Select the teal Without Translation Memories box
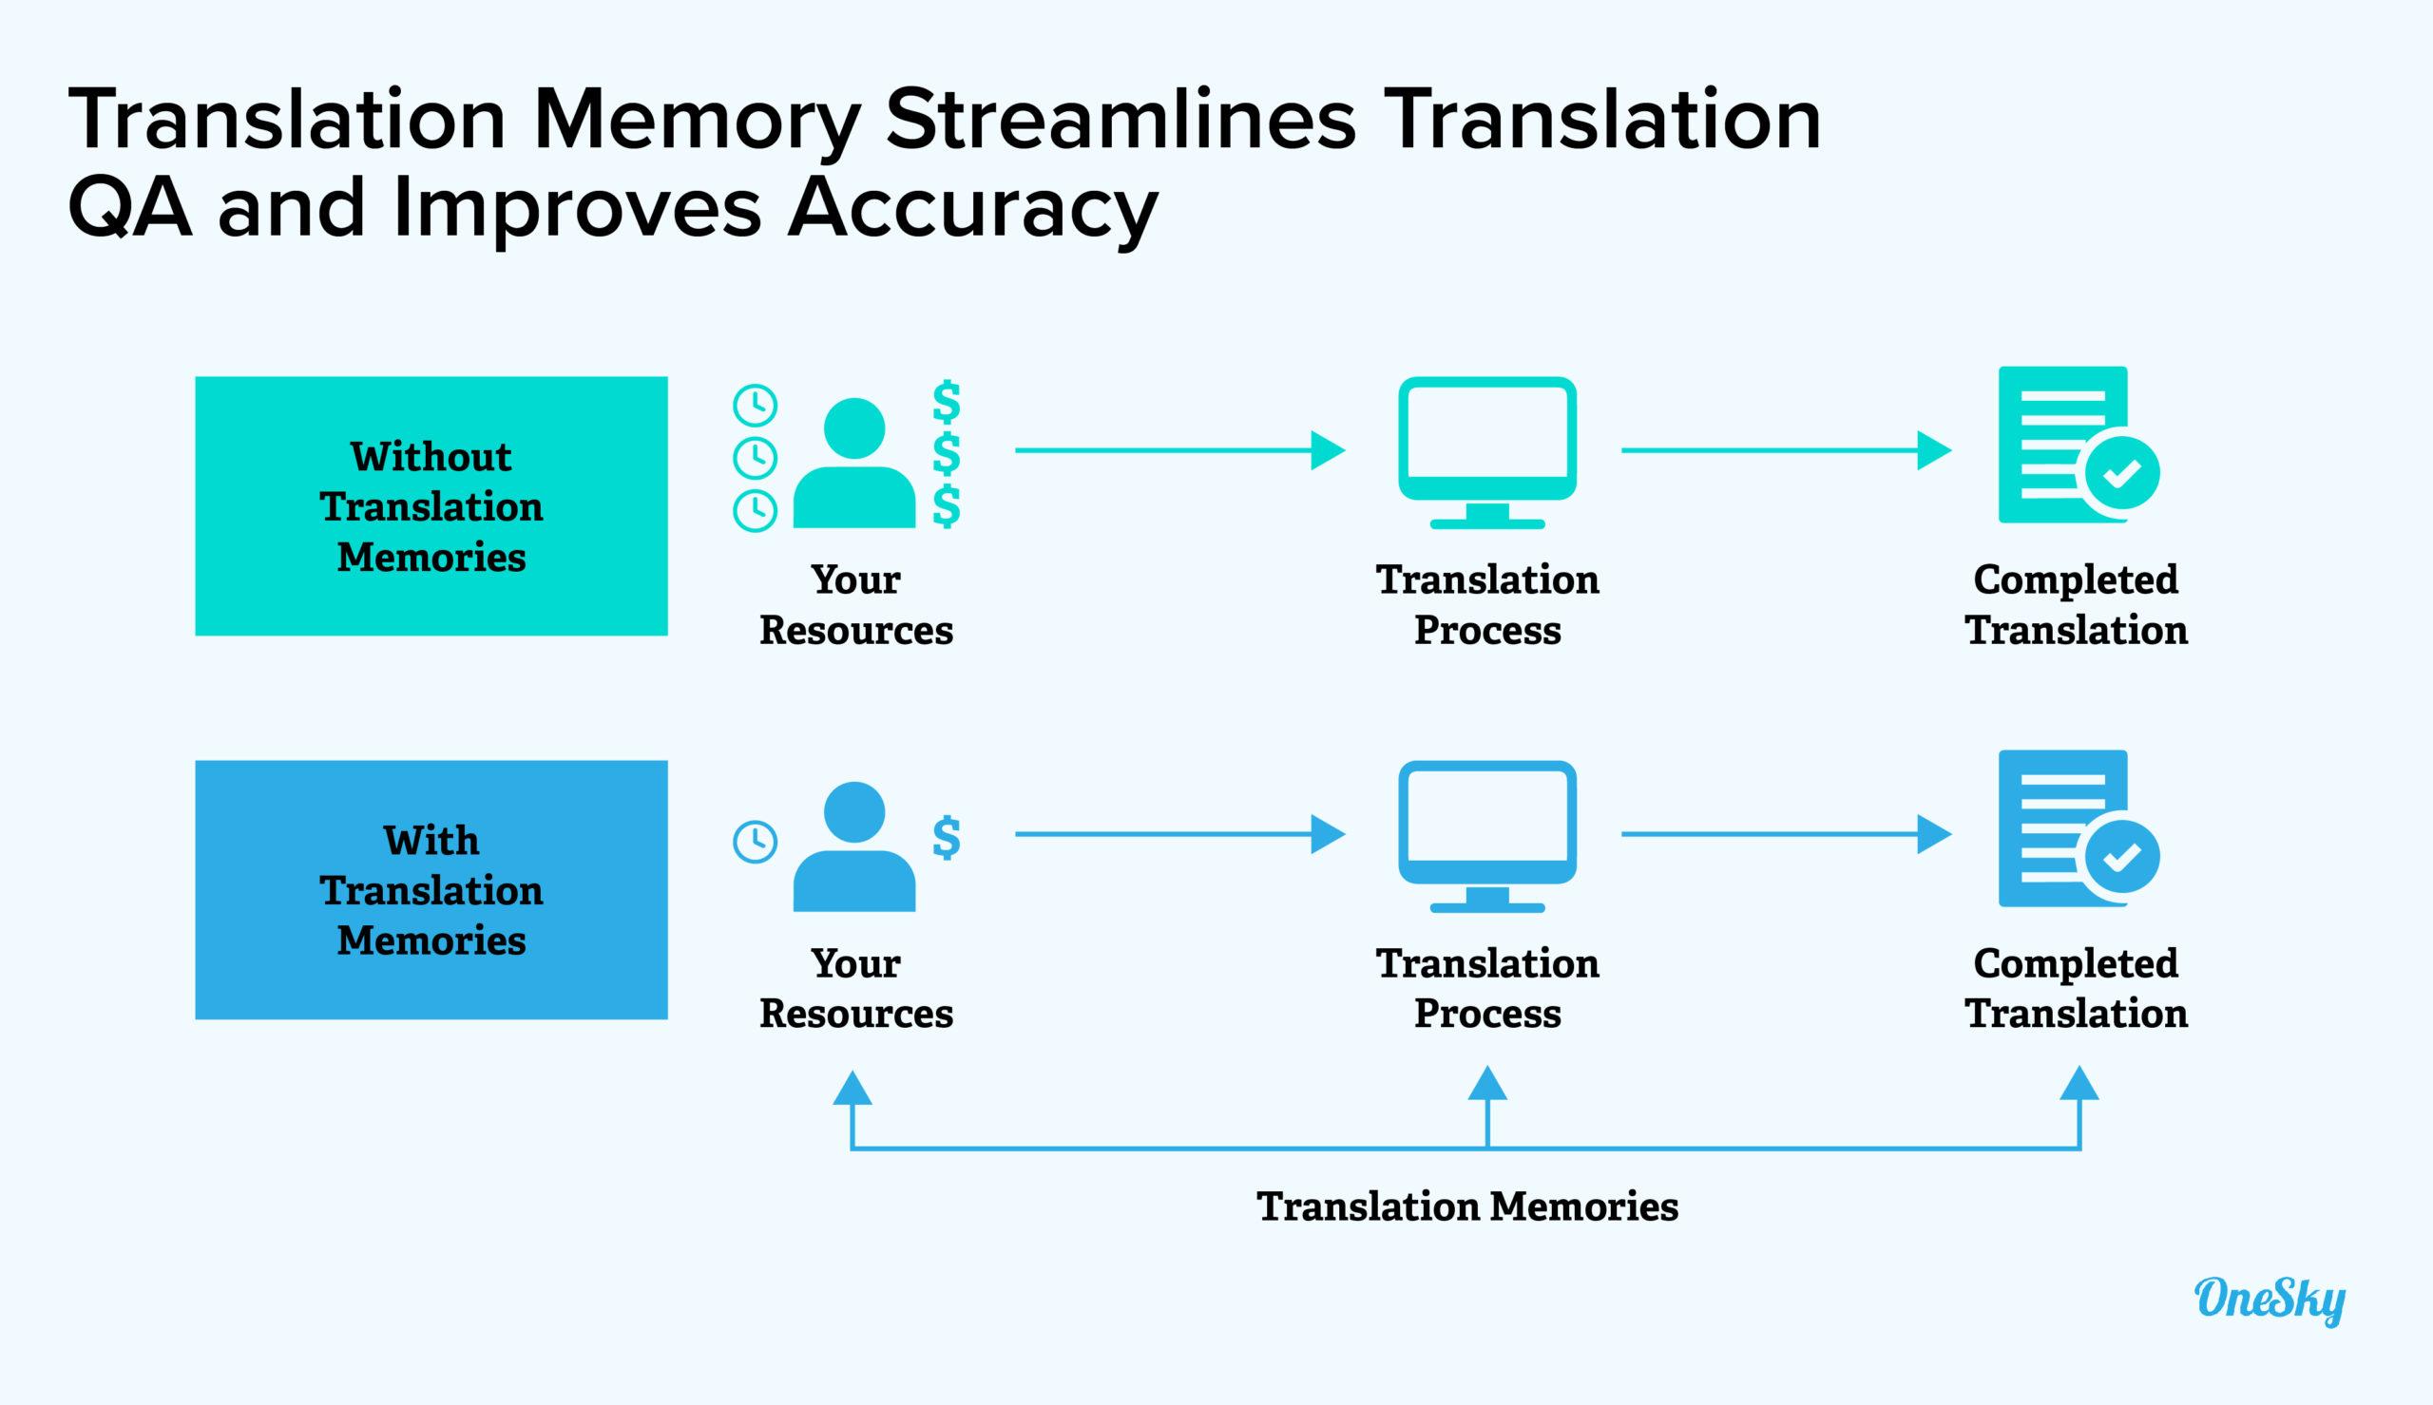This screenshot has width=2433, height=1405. point(431,505)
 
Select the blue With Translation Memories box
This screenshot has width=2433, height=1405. point(431,890)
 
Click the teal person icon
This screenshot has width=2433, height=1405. point(854,464)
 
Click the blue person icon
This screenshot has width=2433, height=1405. point(854,846)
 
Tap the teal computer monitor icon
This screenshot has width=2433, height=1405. point(1486,451)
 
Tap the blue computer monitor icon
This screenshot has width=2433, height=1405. point(1486,836)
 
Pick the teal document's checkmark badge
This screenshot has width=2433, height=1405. point(2122,473)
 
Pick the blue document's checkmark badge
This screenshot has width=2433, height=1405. point(2122,856)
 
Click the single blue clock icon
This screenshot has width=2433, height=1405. point(755,842)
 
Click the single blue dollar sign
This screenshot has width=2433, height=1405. point(946,838)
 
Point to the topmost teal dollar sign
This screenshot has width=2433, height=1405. point(946,403)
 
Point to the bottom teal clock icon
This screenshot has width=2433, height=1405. point(755,509)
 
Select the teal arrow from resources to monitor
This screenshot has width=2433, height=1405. point(1179,449)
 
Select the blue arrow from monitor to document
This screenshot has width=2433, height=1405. point(1786,834)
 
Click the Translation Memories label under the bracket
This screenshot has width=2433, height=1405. point(1467,1206)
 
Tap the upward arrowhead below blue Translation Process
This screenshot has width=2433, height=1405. point(1487,1085)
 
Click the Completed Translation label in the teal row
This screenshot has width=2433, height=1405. point(2076,604)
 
